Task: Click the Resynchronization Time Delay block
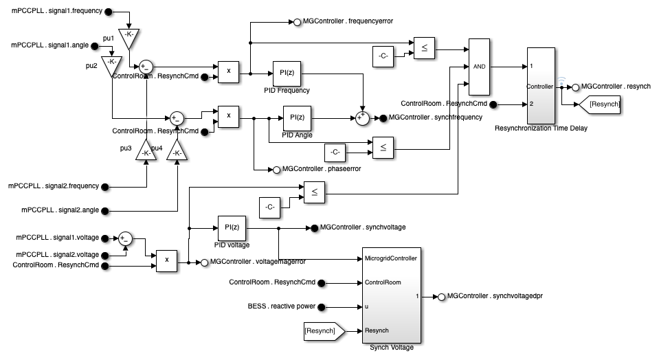pyautogui.click(x=539, y=86)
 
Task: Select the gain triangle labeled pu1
pyautogui.click(x=128, y=38)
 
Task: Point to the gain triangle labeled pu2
pyautogui.click(x=111, y=66)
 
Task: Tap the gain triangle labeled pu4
pyautogui.click(x=177, y=150)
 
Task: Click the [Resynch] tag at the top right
pyautogui.click(x=599, y=104)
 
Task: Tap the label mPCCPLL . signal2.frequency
pyautogui.click(x=54, y=185)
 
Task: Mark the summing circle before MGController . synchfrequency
pyautogui.click(x=361, y=118)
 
